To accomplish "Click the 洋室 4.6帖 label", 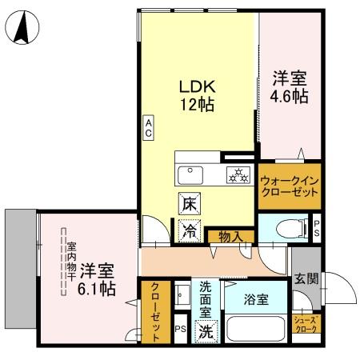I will coord(289,87).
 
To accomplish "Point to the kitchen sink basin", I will coord(192,171).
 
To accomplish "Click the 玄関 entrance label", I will coord(308,279).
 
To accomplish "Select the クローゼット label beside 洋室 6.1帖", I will coord(154,311).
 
